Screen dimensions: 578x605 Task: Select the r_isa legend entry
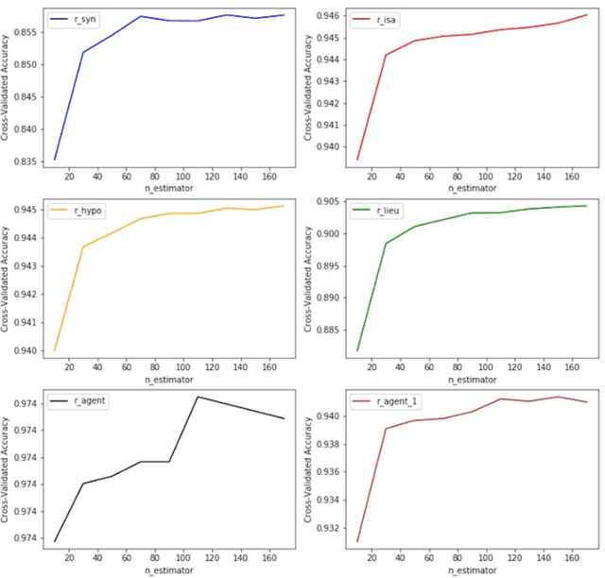376,19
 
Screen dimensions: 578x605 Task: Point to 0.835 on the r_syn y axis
26,161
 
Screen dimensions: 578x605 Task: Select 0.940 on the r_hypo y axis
26,350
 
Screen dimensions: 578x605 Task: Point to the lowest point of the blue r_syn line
55,159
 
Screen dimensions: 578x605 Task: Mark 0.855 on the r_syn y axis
26,32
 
